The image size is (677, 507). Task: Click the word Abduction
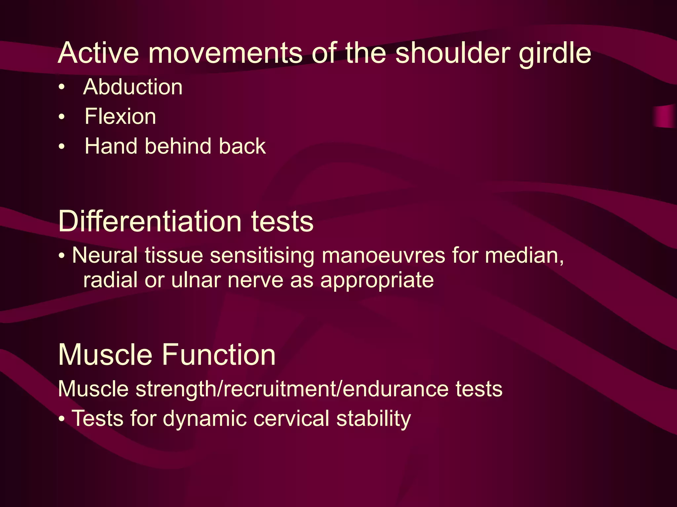133,87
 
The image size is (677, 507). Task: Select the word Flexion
120,117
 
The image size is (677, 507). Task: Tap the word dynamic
205,419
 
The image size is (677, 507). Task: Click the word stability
374,419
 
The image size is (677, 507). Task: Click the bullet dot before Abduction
61,87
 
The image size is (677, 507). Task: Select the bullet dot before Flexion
61,117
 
